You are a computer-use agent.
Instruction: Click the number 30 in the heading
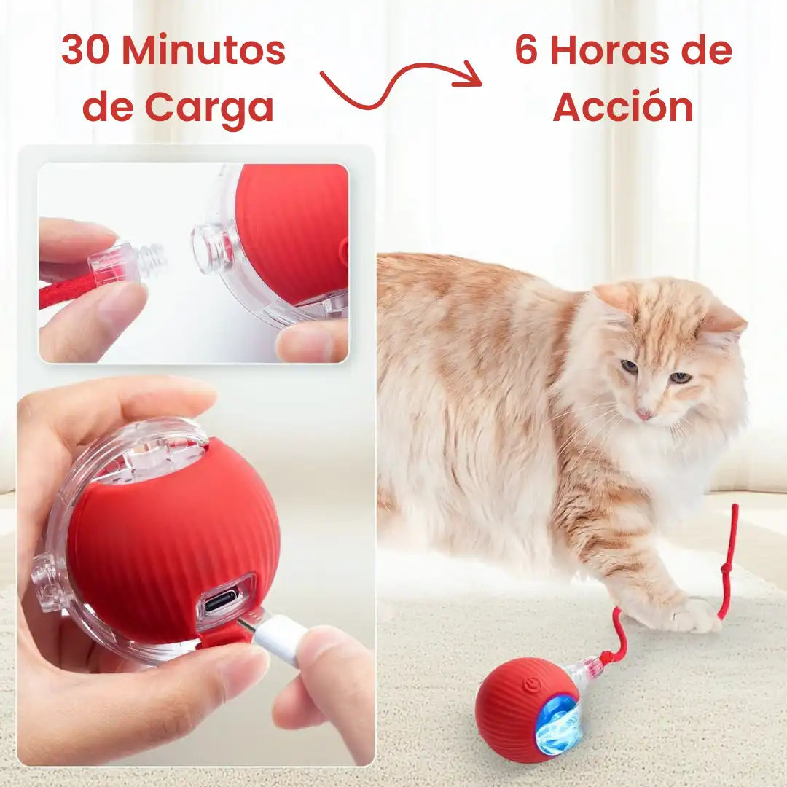point(86,50)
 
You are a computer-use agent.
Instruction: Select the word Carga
point(209,107)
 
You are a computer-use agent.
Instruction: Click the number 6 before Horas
point(527,50)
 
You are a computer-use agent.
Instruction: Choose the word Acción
point(623,107)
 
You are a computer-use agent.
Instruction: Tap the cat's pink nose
point(643,414)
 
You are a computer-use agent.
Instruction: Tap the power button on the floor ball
point(531,685)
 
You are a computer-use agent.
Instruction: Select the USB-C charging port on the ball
point(220,601)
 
